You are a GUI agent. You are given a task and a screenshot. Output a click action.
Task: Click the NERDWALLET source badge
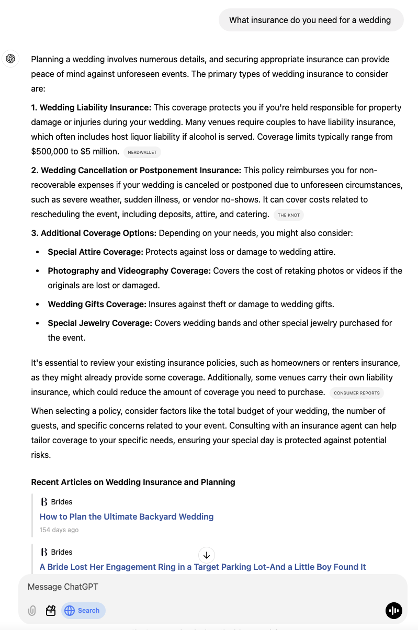[142, 152]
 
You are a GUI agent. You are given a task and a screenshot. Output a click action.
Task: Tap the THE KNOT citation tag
[289, 215]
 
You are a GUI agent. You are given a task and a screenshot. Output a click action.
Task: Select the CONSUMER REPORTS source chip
[357, 393]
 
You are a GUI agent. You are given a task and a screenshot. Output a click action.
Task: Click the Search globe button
[83, 610]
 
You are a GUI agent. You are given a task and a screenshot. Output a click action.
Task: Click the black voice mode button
[393, 610]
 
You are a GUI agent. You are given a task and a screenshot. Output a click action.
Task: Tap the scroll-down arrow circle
[207, 555]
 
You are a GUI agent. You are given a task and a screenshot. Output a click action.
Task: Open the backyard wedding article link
[127, 516]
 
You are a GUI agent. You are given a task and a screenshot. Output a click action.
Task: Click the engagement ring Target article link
[202, 567]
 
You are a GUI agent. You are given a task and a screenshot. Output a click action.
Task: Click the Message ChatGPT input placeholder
[63, 587]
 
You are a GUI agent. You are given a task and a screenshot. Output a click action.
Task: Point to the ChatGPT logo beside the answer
[10, 59]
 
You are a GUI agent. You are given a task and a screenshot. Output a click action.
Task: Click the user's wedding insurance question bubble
[310, 20]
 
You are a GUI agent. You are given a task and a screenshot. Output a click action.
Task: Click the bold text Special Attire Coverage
[95, 252]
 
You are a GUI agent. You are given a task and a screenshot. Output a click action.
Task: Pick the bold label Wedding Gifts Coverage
[97, 304]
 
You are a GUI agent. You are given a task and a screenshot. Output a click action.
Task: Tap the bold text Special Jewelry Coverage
[100, 323]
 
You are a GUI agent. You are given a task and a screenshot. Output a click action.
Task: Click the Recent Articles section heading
[133, 482]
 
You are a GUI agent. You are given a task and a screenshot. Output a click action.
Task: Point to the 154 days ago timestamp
[59, 530]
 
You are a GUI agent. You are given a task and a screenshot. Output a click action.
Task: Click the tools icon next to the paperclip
[51, 610]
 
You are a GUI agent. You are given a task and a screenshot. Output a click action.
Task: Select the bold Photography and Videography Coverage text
[129, 271]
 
